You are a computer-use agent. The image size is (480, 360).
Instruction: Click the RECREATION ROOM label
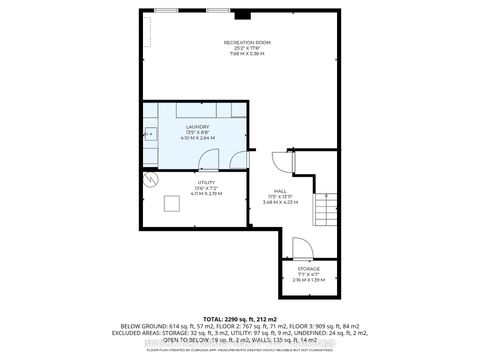247,42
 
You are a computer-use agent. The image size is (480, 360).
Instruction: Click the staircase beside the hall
325,211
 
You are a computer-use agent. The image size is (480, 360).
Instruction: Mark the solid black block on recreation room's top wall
240,13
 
